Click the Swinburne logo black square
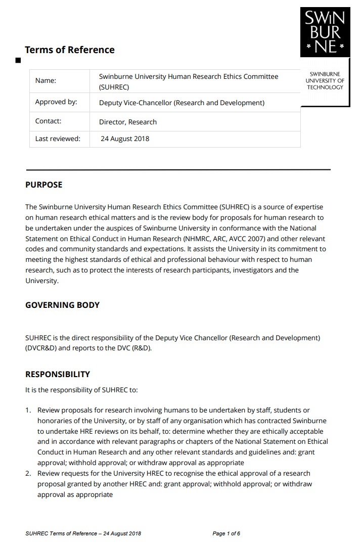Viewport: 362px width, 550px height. click(325, 32)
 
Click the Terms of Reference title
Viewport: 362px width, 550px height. click(70, 50)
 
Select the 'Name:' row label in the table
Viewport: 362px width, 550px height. click(46, 80)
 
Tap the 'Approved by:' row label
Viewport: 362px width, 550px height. click(56, 102)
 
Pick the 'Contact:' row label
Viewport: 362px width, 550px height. click(48, 121)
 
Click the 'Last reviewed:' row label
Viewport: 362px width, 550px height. click(58, 139)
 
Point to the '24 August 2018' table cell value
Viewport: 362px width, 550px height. click(125, 139)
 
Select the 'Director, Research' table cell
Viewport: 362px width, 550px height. click(128, 122)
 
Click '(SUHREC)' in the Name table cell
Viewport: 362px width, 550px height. click(114, 87)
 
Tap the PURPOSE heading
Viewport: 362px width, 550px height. click(44, 185)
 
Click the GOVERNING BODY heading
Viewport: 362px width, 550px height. click(62, 305)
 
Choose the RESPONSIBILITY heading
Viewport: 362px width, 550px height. click(58, 374)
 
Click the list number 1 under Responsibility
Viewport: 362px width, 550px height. click(28, 410)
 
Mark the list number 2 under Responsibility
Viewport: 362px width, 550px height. click(28, 473)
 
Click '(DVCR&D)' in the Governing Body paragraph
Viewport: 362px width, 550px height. click(42, 348)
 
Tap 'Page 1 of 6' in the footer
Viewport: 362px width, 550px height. click(227, 533)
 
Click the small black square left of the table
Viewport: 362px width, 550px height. click(18, 61)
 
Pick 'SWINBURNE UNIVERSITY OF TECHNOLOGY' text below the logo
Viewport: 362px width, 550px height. click(325, 81)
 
